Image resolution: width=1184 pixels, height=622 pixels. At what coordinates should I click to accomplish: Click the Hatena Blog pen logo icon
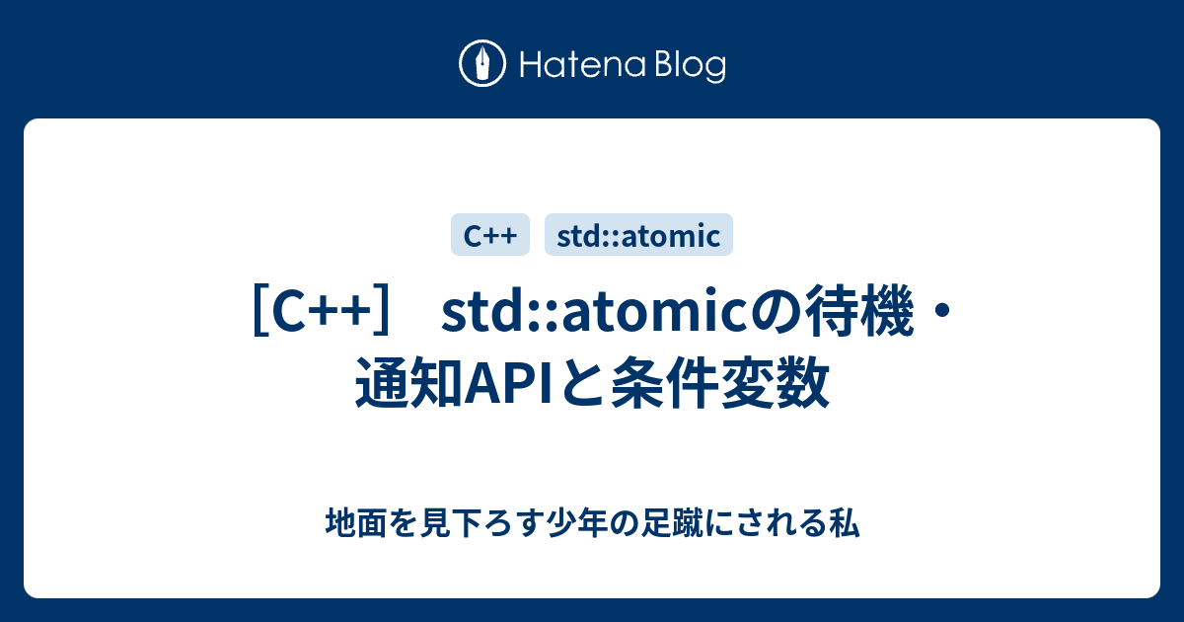482,65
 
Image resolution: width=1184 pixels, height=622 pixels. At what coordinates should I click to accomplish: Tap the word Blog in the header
688,66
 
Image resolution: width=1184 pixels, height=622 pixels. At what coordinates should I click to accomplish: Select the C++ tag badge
490,235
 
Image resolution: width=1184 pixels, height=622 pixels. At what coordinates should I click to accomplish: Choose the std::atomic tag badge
638,235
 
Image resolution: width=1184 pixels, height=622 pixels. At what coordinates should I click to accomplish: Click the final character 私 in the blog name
846,523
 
